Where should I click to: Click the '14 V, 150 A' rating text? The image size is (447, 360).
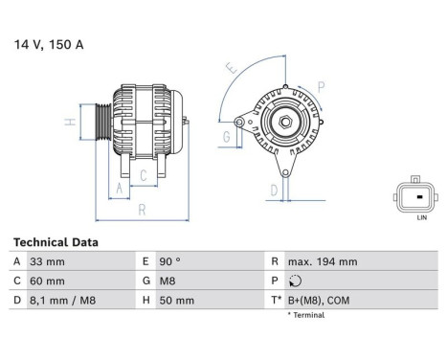pyautogui.click(x=49, y=44)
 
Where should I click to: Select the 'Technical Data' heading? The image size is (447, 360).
pyautogui.click(x=55, y=243)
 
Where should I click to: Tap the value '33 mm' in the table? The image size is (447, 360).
pyautogui.click(x=47, y=261)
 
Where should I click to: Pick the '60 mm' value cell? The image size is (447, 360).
pyautogui.click(x=48, y=281)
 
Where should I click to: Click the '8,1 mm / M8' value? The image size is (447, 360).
pyautogui.click(x=63, y=300)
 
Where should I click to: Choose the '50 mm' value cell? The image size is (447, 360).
pyautogui.click(x=177, y=300)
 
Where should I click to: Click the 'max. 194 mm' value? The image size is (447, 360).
pyautogui.click(x=323, y=261)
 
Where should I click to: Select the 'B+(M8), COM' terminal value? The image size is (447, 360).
pyautogui.click(x=320, y=300)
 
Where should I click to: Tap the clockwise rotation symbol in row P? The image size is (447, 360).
pyautogui.click(x=293, y=281)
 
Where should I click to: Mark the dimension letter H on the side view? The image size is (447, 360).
pyautogui.click(x=69, y=123)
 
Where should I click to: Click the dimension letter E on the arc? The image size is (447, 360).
pyautogui.click(x=231, y=69)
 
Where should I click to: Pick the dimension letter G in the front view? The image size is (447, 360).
pyautogui.click(x=226, y=138)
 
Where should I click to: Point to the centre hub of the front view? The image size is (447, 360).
pyautogui.click(x=285, y=121)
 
